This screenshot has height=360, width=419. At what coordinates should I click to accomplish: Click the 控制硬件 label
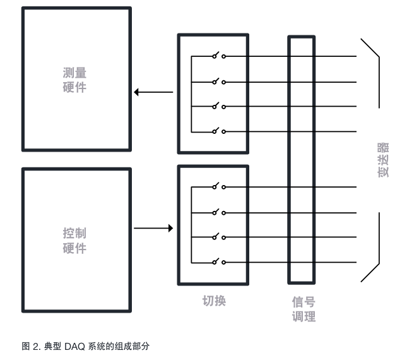pos(74,240)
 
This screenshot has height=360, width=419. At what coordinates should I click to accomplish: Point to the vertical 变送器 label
pos(383,160)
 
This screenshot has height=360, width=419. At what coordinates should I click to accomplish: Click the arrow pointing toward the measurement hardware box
pos(153,92)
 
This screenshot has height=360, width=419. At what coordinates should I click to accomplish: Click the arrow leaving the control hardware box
pos(153,228)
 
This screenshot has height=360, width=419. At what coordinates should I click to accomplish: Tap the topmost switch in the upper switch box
pos(218,56)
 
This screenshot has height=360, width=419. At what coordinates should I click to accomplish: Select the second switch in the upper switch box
pos(218,81)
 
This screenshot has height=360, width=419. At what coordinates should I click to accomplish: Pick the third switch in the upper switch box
pos(218,105)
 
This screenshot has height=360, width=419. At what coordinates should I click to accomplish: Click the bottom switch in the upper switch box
pos(218,131)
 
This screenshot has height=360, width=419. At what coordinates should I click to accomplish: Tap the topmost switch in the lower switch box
pos(218,187)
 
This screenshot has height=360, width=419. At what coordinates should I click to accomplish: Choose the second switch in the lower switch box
pos(218,212)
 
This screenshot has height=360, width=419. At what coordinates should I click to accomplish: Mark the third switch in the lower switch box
pos(218,237)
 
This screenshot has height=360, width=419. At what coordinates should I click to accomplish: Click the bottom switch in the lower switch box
pos(218,261)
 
